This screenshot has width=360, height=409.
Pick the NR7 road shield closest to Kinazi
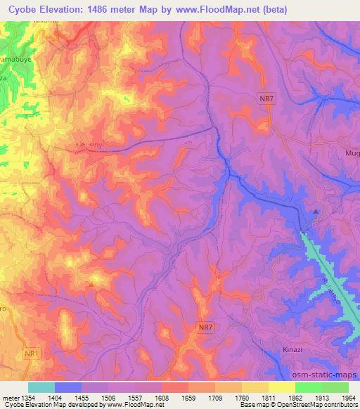205,327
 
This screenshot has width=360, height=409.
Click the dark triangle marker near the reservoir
316,211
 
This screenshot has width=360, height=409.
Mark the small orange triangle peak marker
91,284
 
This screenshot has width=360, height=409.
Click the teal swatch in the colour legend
41,387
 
